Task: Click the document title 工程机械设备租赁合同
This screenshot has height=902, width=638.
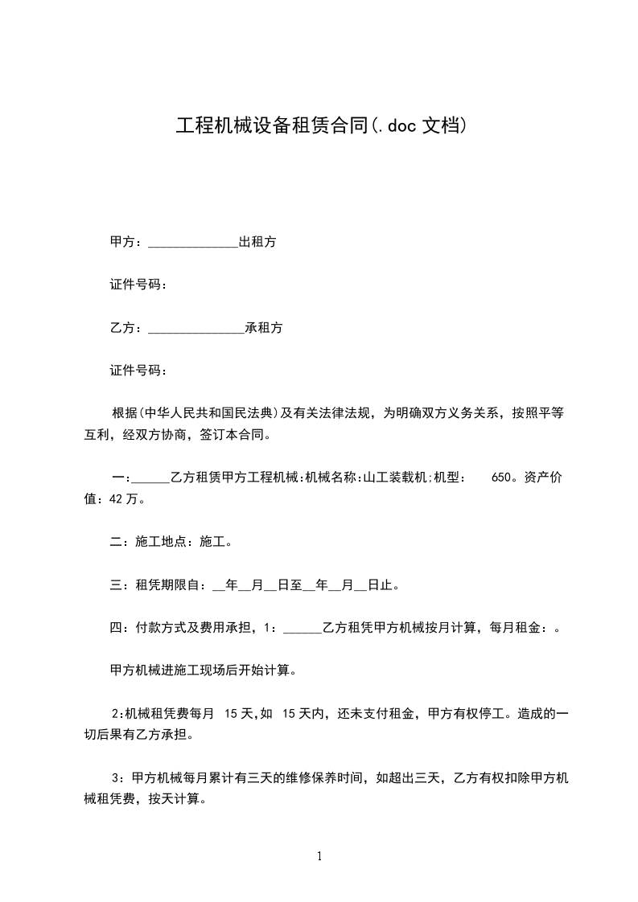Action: pos(271,125)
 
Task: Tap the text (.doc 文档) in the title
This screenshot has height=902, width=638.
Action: pos(417,125)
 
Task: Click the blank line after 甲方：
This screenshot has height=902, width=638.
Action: pos(193,242)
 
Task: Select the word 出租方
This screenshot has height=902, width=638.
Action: pos(257,242)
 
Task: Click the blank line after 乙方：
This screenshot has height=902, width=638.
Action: pos(196,328)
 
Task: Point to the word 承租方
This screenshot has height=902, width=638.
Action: pos(263,328)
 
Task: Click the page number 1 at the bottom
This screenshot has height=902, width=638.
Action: pos(319,856)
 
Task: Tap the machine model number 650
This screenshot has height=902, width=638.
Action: pos(500,477)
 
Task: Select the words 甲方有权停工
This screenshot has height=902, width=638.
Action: pos(466,713)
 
